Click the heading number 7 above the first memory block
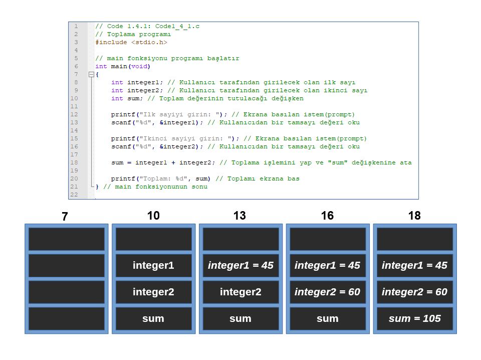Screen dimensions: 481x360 [65, 217]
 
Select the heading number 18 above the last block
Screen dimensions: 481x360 [414, 216]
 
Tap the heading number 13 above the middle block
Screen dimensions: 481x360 [239, 216]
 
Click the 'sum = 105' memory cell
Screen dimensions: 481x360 [415, 318]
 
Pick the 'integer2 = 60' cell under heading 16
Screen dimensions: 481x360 [328, 292]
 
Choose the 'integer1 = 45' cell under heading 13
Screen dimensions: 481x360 [241, 265]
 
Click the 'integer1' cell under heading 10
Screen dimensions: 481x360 [153, 265]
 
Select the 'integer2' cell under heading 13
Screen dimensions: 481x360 [241, 292]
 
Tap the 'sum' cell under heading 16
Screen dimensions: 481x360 [328, 318]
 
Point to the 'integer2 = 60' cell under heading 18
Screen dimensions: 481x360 [415, 292]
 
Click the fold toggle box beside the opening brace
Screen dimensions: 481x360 [91, 74]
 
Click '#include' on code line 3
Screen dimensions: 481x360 [111, 42]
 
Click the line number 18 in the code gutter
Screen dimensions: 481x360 [74, 162]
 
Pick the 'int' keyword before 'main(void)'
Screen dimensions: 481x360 [101, 66]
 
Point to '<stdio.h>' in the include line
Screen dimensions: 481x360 [149, 42]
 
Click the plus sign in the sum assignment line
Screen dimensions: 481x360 [173, 162]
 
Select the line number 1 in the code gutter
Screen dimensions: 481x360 [76, 27]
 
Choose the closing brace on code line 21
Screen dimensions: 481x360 [97, 187]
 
